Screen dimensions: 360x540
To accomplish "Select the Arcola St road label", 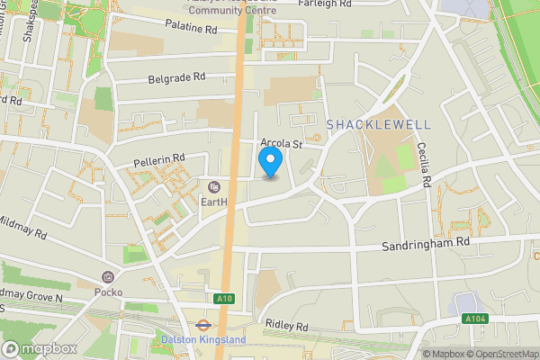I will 282,143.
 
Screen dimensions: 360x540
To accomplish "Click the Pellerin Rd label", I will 158,160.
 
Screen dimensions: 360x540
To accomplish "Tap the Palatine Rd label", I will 191,28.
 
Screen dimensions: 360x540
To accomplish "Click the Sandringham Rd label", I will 426,244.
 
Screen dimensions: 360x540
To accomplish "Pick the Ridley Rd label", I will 287,324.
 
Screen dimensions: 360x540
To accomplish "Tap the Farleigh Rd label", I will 345,4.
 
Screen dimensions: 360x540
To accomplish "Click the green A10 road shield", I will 225,299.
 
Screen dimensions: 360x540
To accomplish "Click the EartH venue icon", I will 213,187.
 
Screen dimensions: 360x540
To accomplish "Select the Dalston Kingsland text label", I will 203,340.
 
